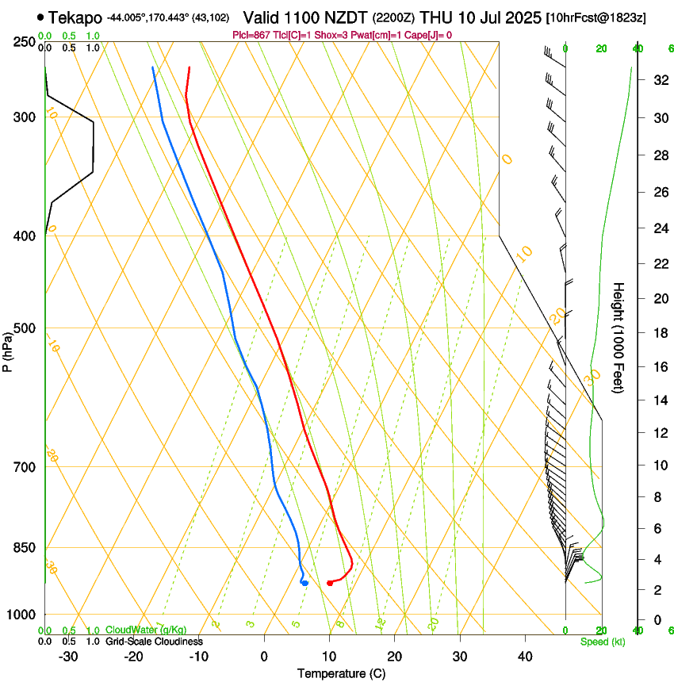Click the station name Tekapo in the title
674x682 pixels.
coord(75,17)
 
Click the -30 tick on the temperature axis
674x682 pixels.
coord(68,657)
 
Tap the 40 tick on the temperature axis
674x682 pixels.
coord(525,657)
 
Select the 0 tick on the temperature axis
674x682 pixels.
coord(264,657)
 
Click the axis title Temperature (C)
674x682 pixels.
coord(341,673)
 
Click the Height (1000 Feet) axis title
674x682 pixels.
coord(619,338)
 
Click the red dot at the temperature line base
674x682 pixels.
coord(330,584)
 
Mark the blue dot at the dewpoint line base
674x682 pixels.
coord(304,583)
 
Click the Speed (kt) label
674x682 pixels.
coord(602,642)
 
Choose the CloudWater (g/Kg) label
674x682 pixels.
coord(146,630)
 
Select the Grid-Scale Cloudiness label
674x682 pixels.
coord(154,641)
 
